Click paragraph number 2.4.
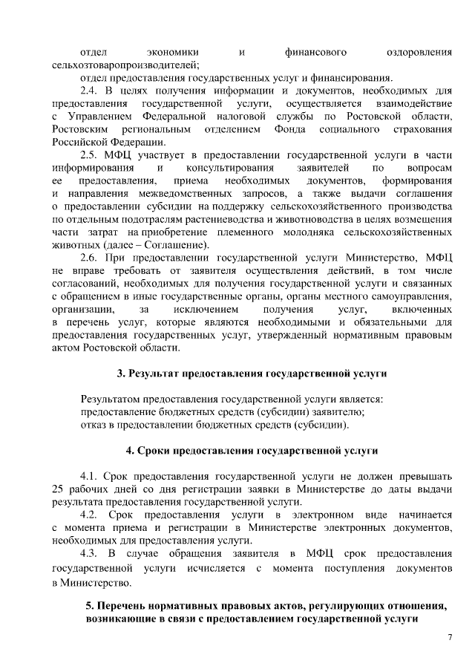pyautogui.click(x=91, y=90)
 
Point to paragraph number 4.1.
pyautogui.click(x=91, y=474)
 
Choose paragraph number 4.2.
pyautogui.click(x=91, y=515)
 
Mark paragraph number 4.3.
pyautogui.click(x=91, y=555)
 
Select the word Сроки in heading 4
pyautogui.click(x=157, y=451)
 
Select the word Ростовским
pyautogui.click(x=81, y=130)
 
